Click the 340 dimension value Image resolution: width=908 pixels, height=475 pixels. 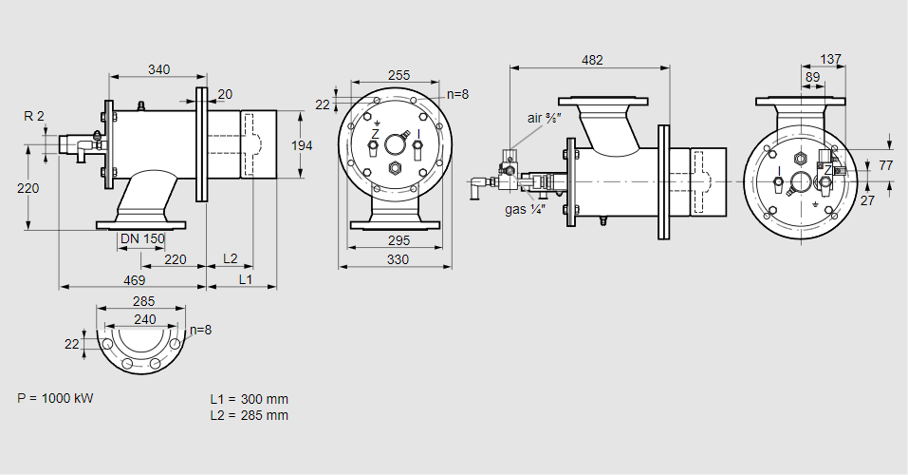click(x=159, y=68)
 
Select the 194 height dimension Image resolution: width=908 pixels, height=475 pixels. click(x=301, y=144)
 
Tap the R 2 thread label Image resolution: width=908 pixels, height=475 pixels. click(x=34, y=116)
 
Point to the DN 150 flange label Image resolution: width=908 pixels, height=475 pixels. click(x=143, y=237)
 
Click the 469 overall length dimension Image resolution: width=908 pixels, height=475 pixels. click(x=134, y=280)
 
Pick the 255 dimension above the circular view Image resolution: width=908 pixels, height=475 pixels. click(x=399, y=75)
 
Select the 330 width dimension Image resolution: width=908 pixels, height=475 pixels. click(x=398, y=259)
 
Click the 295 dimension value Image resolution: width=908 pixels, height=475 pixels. click(x=398, y=239)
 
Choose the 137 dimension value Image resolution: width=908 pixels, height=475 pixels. click(x=830, y=60)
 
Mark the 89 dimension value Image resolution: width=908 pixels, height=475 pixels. click(x=812, y=77)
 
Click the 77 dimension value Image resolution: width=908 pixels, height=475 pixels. click(x=885, y=164)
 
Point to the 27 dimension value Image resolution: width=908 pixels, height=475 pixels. click(x=866, y=200)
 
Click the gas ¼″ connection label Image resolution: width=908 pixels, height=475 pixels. click(x=524, y=208)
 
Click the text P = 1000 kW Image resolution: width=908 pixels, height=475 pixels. click(x=56, y=397)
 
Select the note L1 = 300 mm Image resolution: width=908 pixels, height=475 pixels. click(x=250, y=399)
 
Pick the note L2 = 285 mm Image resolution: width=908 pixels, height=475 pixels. click(x=250, y=415)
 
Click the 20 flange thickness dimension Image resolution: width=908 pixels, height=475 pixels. click(x=225, y=93)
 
